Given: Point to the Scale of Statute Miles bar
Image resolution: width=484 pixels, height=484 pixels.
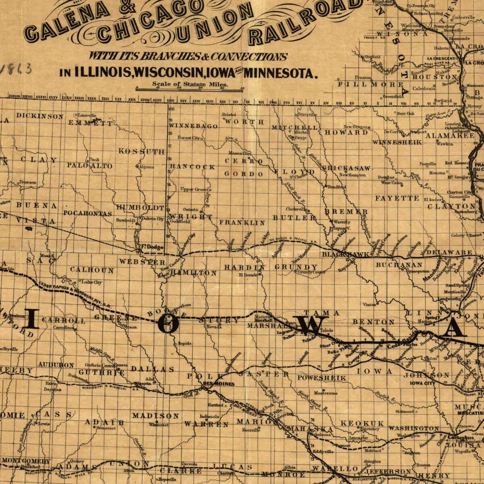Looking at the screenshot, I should (x=190, y=88).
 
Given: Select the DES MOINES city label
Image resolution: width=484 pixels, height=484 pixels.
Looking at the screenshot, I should (x=219, y=384).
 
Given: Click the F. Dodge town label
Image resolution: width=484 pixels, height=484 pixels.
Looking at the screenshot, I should (x=152, y=247).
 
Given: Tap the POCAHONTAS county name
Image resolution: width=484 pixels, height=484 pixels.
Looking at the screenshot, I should (x=88, y=213).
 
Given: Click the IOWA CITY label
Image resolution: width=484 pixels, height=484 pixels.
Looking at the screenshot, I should (x=423, y=383).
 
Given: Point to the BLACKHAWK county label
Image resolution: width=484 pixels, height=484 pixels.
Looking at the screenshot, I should (x=345, y=255).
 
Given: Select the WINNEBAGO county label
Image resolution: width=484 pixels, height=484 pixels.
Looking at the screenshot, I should (x=193, y=126).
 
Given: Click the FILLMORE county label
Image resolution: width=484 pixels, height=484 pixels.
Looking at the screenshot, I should (x=370, y=84).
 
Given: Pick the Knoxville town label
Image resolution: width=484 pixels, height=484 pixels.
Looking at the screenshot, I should (x=251, y=430).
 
